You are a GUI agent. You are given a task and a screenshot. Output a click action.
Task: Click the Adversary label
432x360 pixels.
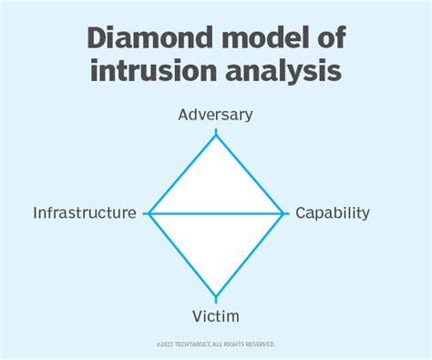coord(215,115)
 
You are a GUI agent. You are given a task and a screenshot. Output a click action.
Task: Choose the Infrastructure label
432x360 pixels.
coord(85,213)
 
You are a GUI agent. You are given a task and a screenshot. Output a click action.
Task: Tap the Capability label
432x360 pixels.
coord(332,213)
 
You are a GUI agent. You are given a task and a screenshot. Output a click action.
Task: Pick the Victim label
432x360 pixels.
coord(216,316)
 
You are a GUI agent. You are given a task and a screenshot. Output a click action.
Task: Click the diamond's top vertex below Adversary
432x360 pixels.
coord(216,134)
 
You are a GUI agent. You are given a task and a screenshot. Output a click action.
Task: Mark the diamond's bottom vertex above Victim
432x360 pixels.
coord(216,296)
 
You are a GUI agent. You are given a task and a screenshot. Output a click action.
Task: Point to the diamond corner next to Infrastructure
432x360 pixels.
coord(149,213)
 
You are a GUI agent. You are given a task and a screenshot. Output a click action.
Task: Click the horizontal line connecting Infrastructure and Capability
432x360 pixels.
coord(216,213)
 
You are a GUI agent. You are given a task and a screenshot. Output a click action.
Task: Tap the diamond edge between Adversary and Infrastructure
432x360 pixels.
coord(182,173)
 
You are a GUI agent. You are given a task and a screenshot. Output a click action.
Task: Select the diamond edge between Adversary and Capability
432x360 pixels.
coord(250,173)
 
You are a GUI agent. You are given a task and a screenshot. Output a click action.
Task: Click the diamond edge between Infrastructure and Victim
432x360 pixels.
coord(182,254)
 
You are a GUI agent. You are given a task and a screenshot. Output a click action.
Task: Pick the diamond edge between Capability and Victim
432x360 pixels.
coord(250,254)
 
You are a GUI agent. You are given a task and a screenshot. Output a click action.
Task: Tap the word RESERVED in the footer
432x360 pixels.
coord(258,344)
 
